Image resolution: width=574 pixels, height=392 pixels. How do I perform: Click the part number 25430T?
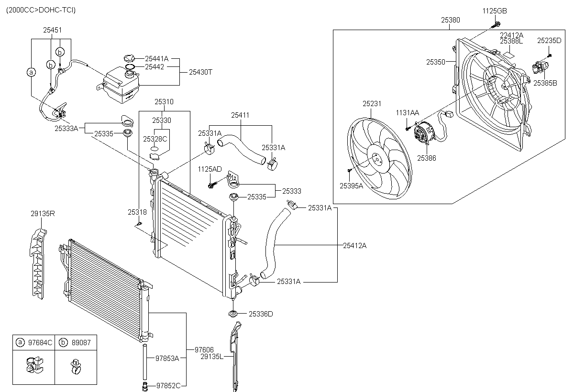coord(200,72)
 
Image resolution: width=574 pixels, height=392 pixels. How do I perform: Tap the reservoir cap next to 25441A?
coord(129,58)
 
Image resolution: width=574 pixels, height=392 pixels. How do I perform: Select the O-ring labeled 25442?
coord(130,67)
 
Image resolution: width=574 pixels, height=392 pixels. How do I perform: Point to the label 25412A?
coord(354,246)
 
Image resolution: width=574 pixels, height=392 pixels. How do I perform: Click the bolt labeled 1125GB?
coord(496,25)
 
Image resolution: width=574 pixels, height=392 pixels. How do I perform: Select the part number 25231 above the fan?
coord(372,104)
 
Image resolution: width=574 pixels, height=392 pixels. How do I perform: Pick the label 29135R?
coord(43,214)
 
